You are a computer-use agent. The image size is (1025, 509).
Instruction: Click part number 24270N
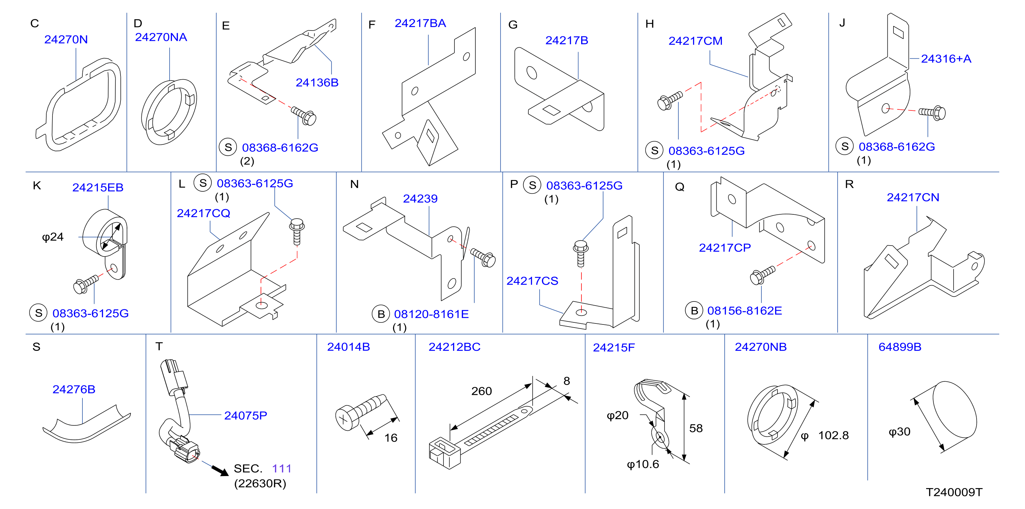pyautogui.click(x=66, y=39)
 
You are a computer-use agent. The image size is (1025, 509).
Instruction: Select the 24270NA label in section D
pyautogui.click(x=161, y=37)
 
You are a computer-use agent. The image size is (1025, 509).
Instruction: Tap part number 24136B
pyautogui.click(x=317, y=82)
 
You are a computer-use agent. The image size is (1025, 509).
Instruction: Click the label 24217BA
pyautogui.click(x=420, y=23)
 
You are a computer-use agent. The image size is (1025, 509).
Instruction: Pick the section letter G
pyautogui.click(x=513, y=25)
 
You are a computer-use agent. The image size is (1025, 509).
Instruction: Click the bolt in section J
pyautogui.click(x=932, y=113)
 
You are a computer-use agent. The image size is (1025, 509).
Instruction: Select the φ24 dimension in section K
pyautogui.click(x=53, y=237)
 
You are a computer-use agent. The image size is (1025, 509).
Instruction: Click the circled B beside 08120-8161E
pyautogui.click(x=381, y=314)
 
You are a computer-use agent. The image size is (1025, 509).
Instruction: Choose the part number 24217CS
pyautogui.click(x=532, y=281)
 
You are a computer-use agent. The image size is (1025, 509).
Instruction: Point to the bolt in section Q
pyautogui.click(x=762, y=275)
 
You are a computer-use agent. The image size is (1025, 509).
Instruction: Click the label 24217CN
pyautogui.click(x=913, y=197)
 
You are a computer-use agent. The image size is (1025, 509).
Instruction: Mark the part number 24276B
pyautogui.click(x=74, y=389)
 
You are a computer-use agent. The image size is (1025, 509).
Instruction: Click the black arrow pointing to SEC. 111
pyautogui.click(x=220, y=471)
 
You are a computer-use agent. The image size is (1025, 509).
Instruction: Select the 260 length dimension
pyautogui.click(x=482, y=391)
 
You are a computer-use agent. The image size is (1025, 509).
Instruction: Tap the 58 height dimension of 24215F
pyautogui.click(x=696, y=428)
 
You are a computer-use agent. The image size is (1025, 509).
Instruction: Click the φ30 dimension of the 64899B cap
pyautogui.click(x=899, y=431)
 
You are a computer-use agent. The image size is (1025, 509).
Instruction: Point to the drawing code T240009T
pyautogui.click(x=954, y=492)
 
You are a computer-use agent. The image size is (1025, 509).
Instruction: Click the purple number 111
pyautogui.click(x=282, y=469)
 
